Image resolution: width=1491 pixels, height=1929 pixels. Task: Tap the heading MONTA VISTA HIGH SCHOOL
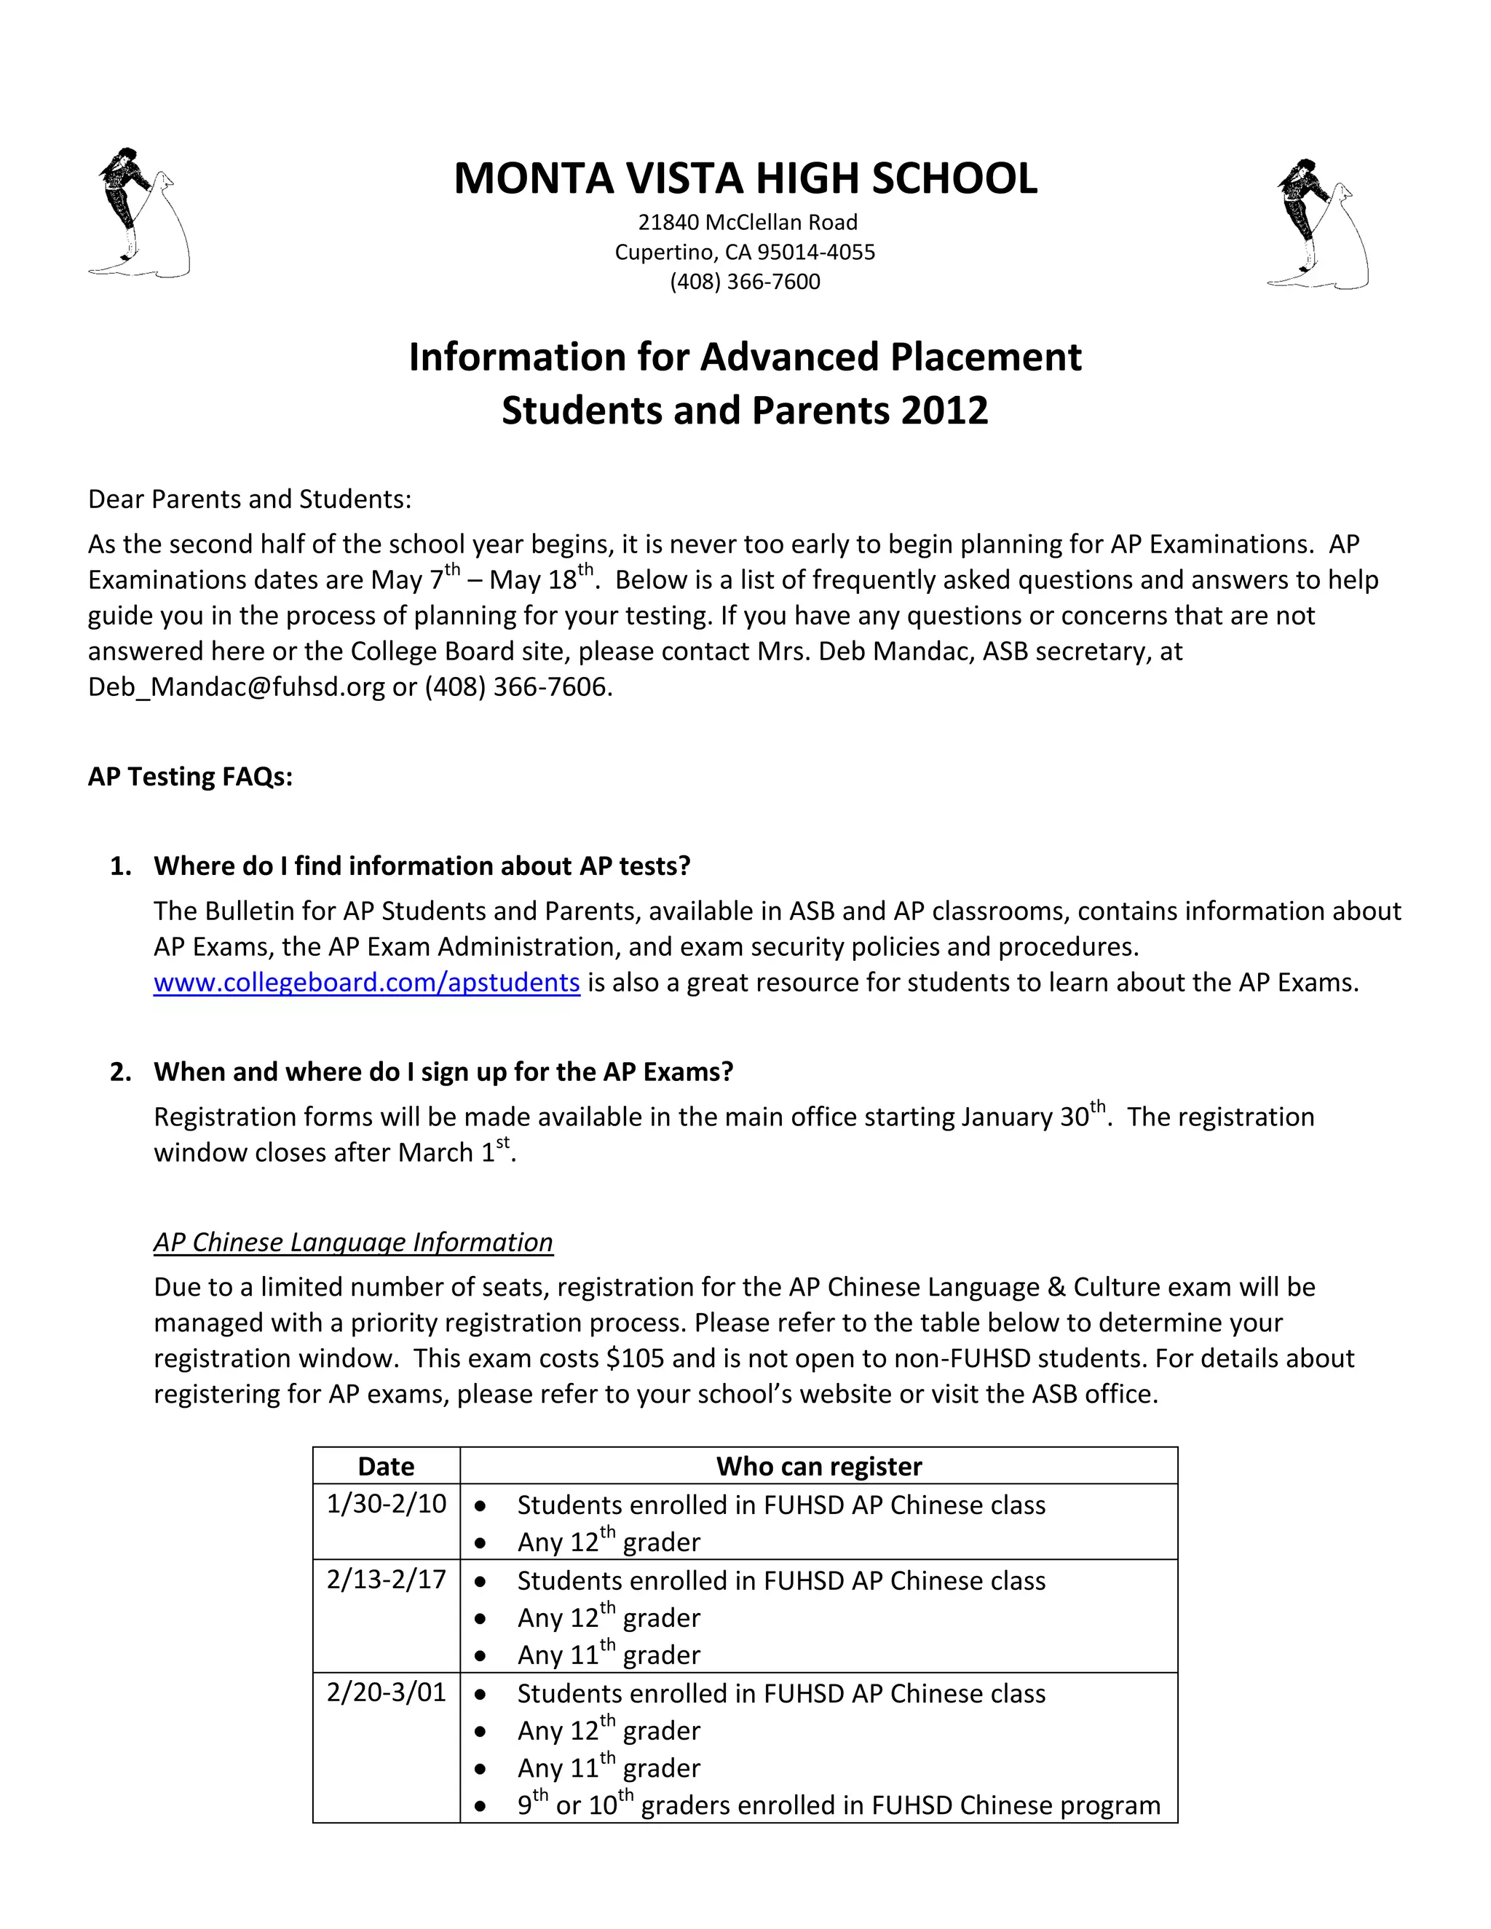click(745, 178)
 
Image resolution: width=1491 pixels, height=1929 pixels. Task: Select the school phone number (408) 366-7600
click(745, 282)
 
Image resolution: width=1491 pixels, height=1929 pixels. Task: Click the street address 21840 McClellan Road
click(747, 223)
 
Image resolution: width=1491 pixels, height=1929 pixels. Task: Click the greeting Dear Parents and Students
click(250, 499)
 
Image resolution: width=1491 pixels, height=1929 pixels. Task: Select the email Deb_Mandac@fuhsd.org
click(237, 687)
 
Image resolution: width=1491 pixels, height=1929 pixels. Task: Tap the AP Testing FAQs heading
click(190, 777)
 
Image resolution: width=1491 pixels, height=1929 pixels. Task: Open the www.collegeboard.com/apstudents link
click(367, 982)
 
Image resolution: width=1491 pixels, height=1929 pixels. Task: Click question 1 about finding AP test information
click(422, 866)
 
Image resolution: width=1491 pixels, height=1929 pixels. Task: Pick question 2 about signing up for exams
click(443, 1072)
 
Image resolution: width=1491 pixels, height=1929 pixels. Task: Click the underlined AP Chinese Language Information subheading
click(353, 1242)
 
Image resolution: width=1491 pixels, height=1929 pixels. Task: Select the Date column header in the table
click(386, 1466)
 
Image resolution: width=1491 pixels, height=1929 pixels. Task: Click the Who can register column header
click(819, 1466)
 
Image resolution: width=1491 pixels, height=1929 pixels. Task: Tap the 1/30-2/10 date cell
click(386, 1503)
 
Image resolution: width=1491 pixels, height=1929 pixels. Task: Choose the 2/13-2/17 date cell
click(386, 1580)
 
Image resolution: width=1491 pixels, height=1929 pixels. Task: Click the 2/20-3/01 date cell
click(386, 1692)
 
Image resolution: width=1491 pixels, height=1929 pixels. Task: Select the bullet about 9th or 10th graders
click(838, 1805)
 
